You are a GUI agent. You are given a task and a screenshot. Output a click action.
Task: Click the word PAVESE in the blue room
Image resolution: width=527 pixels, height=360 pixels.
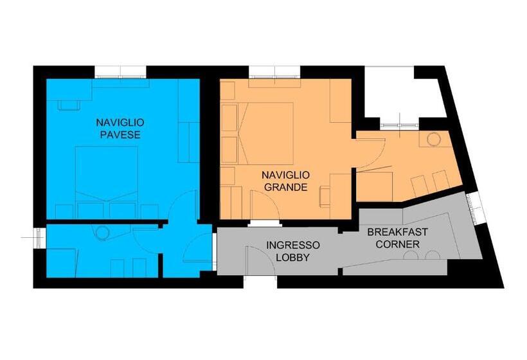click(x=120, y=135)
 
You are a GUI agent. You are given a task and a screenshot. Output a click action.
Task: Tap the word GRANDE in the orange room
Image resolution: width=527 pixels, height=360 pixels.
click(x=286, y=187)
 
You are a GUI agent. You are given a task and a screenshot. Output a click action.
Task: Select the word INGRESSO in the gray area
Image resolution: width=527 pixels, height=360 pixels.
click(x=292, y=245)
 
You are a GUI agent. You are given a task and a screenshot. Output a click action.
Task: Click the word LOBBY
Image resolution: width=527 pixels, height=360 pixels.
click(x=292, y=258)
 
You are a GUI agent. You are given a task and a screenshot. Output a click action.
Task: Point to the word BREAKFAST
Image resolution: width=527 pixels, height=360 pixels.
click(x=397, y=232)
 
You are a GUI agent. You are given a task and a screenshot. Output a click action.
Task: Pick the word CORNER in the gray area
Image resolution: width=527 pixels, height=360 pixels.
click(x=397, y=244)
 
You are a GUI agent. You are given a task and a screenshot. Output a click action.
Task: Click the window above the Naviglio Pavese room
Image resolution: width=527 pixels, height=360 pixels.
click(x=120, y=72)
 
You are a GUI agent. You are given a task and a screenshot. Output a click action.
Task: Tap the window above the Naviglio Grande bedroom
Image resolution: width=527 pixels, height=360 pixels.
click(x=274, y=72)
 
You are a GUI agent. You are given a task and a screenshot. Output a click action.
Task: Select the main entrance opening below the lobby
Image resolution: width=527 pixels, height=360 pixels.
click(x=260, y=282)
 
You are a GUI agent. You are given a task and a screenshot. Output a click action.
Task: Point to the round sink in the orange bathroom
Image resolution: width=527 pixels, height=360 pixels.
click(x=434, y=139)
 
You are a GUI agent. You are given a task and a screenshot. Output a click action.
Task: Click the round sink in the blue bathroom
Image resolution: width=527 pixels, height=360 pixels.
click(x=103, y=233)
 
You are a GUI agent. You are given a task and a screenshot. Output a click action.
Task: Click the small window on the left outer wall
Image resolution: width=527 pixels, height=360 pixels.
click(x=40, y=238)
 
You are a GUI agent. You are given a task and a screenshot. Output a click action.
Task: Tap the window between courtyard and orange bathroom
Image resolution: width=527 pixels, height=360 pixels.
click(x=400, y=125)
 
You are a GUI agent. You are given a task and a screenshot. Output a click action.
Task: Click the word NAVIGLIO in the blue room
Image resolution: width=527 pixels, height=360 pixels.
click(x=120, y=122)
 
